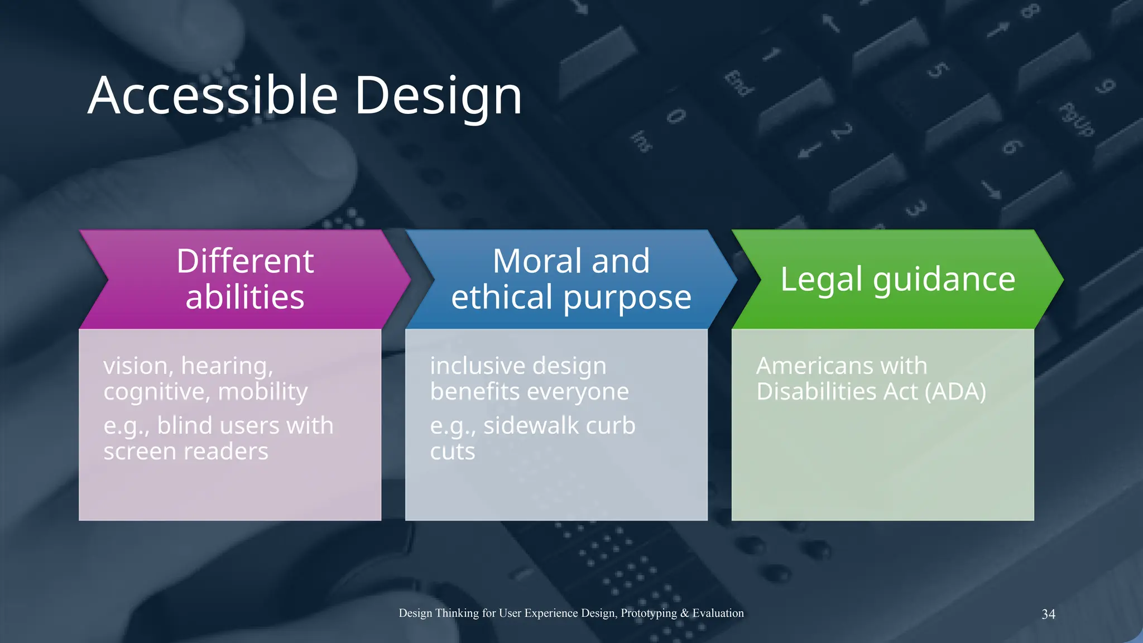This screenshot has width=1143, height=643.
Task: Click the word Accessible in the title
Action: [x=213, y=95]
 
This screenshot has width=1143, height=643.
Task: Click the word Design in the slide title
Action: [x=438, y=95]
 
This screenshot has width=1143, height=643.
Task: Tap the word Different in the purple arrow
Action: [x=245, y=261]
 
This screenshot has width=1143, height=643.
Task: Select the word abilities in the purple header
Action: [x=245, y=297]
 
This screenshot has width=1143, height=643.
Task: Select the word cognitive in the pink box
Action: [x=154, y=392]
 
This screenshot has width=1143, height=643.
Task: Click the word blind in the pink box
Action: [x=185, y=426]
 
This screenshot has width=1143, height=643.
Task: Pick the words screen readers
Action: [x=186, y=452]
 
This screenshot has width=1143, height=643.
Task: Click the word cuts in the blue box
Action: [x=452, y=452]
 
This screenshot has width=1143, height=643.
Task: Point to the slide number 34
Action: [x=1048, y=614]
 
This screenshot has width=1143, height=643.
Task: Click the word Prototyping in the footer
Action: [x=649, y=613]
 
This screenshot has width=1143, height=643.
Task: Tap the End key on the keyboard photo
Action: [x=739, y=84]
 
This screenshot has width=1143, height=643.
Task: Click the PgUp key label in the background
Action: [x=1077, y=119]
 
